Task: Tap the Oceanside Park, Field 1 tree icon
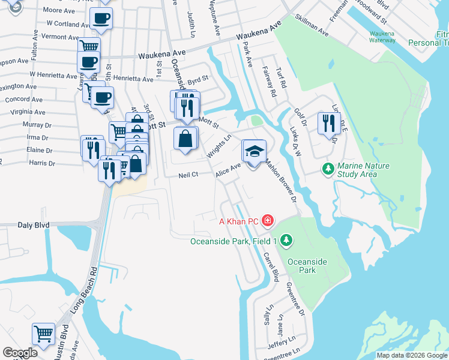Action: click(x=286, y=241)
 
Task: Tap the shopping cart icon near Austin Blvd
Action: click(x=43, y=334)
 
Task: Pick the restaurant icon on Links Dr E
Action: click(x=328, y=124)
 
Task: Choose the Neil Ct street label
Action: click(x=188, y=175)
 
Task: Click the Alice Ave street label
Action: click(x=228, y=170)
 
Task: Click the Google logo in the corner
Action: click(x=20, y=353)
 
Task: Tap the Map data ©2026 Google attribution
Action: click(x=412, y=355)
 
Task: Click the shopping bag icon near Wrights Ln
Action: click(x=185, y=139)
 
